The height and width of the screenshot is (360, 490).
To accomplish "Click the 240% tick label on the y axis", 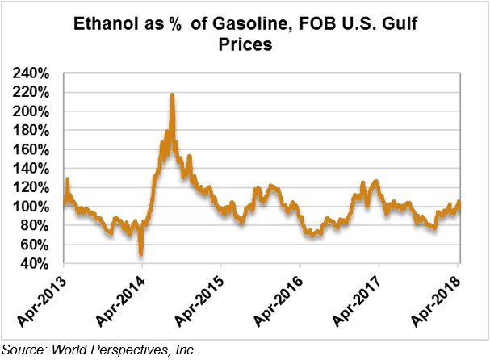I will coord(33,73).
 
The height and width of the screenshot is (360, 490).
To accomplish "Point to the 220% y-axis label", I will coord(33,93).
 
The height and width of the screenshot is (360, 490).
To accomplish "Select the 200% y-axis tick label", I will coord(33,111).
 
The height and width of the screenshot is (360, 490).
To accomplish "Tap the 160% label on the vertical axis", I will coord(33,149).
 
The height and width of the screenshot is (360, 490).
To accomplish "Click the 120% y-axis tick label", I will coord(33,187).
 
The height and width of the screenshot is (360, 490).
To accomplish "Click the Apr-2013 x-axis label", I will coord(41,303).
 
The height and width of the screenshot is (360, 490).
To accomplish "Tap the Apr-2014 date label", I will coord(120,303).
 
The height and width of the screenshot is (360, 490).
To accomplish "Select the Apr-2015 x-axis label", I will coord(199,303).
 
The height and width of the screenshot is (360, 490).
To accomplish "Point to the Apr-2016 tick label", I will coord(279,303).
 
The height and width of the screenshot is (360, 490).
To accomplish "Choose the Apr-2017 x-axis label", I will coord(358,303).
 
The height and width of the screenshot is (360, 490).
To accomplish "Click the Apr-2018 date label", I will coord(437,303).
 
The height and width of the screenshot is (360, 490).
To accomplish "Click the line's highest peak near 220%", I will coord(172,95).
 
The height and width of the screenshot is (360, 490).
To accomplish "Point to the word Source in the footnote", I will coord(23,350).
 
